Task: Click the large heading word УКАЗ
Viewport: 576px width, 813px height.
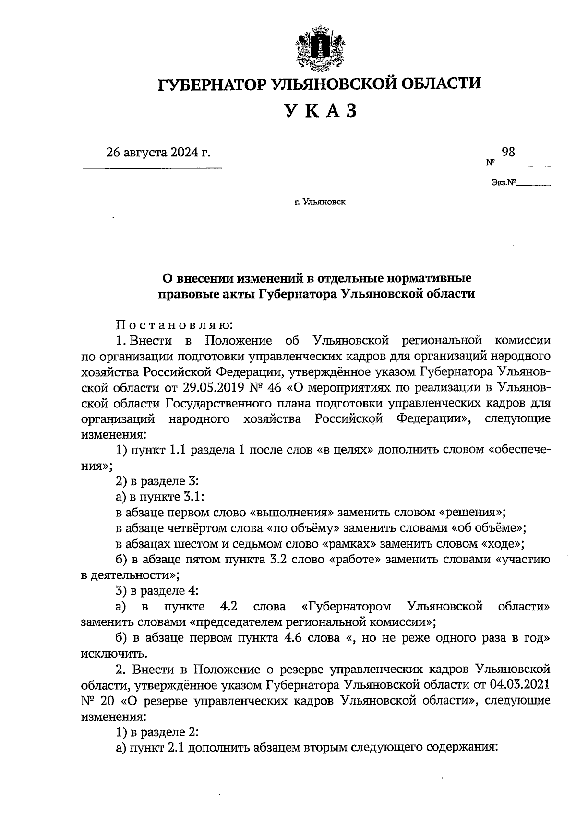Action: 320,111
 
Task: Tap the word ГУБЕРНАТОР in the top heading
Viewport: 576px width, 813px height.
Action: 213,84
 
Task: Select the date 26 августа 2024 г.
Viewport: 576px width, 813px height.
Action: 158,153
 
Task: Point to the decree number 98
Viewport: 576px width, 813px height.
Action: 508,152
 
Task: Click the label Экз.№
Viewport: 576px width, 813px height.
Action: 503,183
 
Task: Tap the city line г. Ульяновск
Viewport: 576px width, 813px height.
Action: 320,202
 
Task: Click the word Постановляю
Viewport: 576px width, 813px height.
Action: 175,325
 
